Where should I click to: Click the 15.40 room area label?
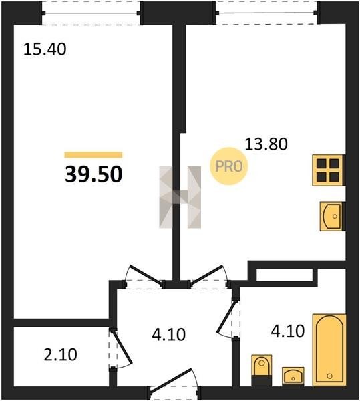tap(45, 49)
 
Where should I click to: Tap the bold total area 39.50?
tap(94, 174)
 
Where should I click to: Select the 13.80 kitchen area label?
tap(266, 144)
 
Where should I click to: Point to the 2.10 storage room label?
tap(60, 355)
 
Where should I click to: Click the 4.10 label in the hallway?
tap(168, 335)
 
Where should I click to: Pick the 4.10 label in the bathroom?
tap(288, 331)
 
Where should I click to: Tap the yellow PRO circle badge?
tap(229, 166)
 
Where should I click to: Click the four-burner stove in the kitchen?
tap(328, 170)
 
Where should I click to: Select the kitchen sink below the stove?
tap(331, 216)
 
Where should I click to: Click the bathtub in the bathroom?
tap(329, 350)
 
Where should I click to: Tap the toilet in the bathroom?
tap(261, 370)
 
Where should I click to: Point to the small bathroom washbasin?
tap(293, 376)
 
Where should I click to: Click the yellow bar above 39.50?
tap(94, 155)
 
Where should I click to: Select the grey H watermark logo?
tap(180, 197)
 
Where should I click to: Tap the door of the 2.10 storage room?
tap(122, 347)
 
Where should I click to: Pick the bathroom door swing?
tap(226, 317)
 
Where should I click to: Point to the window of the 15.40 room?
tap(92, 13)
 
